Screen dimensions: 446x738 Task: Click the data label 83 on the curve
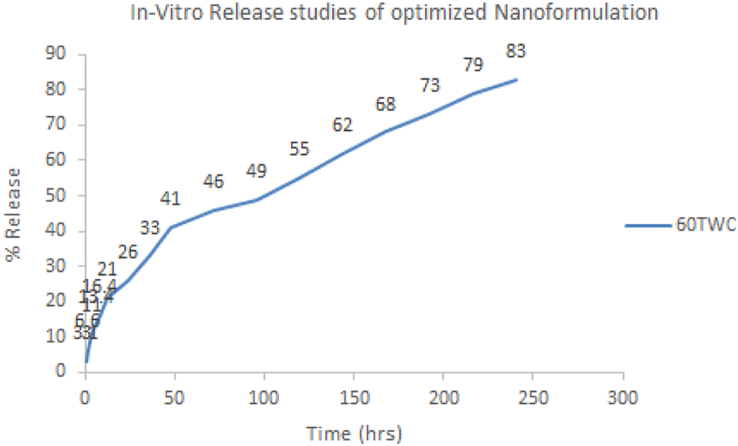pos(515,51)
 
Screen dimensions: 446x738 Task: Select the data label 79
pos(473,66)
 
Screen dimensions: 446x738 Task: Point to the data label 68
pos(386,104)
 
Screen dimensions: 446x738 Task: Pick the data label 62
pos(342,125)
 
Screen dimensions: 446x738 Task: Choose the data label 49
pos(256,171)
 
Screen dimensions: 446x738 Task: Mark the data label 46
pos(213,181)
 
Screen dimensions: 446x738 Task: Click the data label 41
pos(170,199)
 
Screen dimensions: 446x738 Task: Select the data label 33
pos(150,229)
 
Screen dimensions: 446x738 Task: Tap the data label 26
pos(128,253)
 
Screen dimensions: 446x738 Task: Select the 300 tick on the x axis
pos(623,396)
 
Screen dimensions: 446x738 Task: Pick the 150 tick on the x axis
pos(354,396)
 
